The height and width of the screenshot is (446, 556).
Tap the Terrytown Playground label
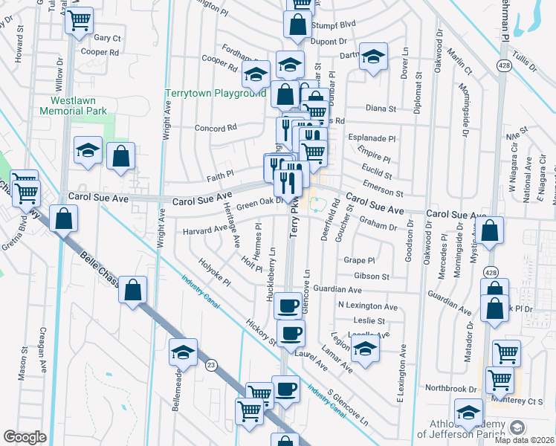215,94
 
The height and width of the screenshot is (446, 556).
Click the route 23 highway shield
212,364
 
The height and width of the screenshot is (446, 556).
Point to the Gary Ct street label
107,37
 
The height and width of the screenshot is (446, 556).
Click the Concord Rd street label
215,128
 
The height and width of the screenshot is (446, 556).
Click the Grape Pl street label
360,261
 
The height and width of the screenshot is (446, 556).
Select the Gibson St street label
372,276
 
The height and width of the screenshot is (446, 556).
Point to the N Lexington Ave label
367,306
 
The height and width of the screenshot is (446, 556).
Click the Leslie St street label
369,320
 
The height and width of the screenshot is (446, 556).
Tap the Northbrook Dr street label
450,389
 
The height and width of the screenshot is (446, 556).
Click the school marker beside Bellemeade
183,352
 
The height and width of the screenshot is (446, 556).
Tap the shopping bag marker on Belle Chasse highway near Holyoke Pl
132,290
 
